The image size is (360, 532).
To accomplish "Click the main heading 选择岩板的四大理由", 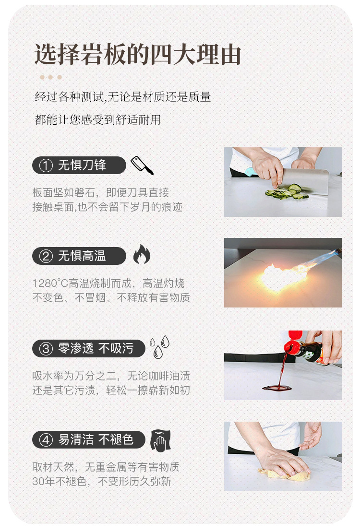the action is tap(138, 54).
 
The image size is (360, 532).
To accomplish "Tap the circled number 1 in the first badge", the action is tap(46, 166).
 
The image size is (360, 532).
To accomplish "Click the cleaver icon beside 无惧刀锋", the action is tap(142, 165).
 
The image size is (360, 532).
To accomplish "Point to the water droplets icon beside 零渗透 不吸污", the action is tap(159, 347).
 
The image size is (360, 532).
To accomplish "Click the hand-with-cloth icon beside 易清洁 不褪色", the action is tap(160, 440).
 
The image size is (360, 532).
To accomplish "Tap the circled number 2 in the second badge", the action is tap(46, 256).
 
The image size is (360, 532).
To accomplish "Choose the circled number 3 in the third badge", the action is tap(46, 348).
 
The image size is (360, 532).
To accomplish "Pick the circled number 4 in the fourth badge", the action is tap(46, 440).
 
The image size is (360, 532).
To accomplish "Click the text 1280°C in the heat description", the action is tap(50, 283).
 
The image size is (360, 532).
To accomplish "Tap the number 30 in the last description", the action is tap(38, 482).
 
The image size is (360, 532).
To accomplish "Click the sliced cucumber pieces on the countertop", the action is tap(287, 192).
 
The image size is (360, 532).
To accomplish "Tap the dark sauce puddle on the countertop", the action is tap(277, 388).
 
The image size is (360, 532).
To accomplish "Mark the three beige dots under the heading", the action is tap(50, 77).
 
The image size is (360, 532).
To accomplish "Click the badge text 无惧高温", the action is tap(82, 256).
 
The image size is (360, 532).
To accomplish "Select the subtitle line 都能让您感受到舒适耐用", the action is tap(98, 119).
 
